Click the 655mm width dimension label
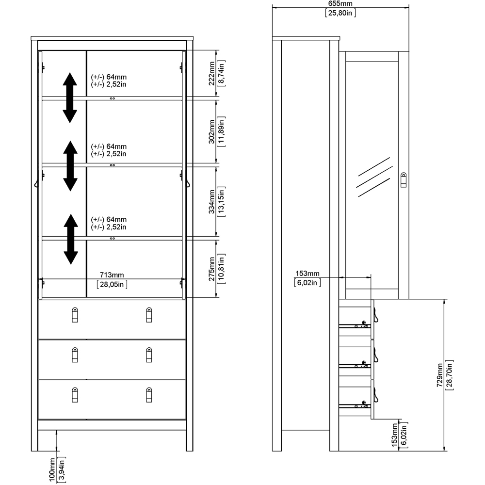coord(340,4)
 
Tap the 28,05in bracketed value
coord(112,284)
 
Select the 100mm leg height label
coord(52,469)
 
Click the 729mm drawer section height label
coord(439,374)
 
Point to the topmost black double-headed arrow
coord(70,97)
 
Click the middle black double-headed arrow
coord(70,165)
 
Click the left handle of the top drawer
coord(74,315)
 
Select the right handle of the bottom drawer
coord(149,395)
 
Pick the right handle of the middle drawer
coord(149,355)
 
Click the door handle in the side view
coord(404,179)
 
